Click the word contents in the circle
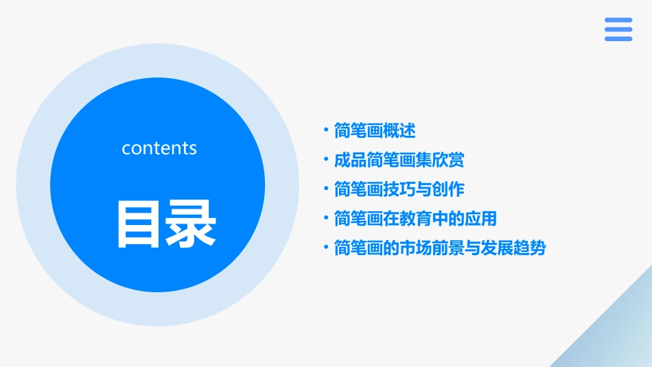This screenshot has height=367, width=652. (x=159, y=148)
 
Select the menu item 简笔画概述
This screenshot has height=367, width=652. (x=375, y=130)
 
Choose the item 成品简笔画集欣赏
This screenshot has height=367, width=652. (x=399, y=160)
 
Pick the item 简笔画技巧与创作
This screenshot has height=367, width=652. (x=399, y=189)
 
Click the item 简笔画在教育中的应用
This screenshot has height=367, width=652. (x=415, y=219)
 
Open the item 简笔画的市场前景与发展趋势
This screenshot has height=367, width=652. (x=439, y=248)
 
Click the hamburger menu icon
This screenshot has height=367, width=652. (x=618, y=29)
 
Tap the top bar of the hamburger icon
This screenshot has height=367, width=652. (x=618, y=21)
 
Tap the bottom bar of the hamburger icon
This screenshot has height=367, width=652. (x=618, y=39)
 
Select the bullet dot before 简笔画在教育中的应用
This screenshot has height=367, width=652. (x=326, y=218)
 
